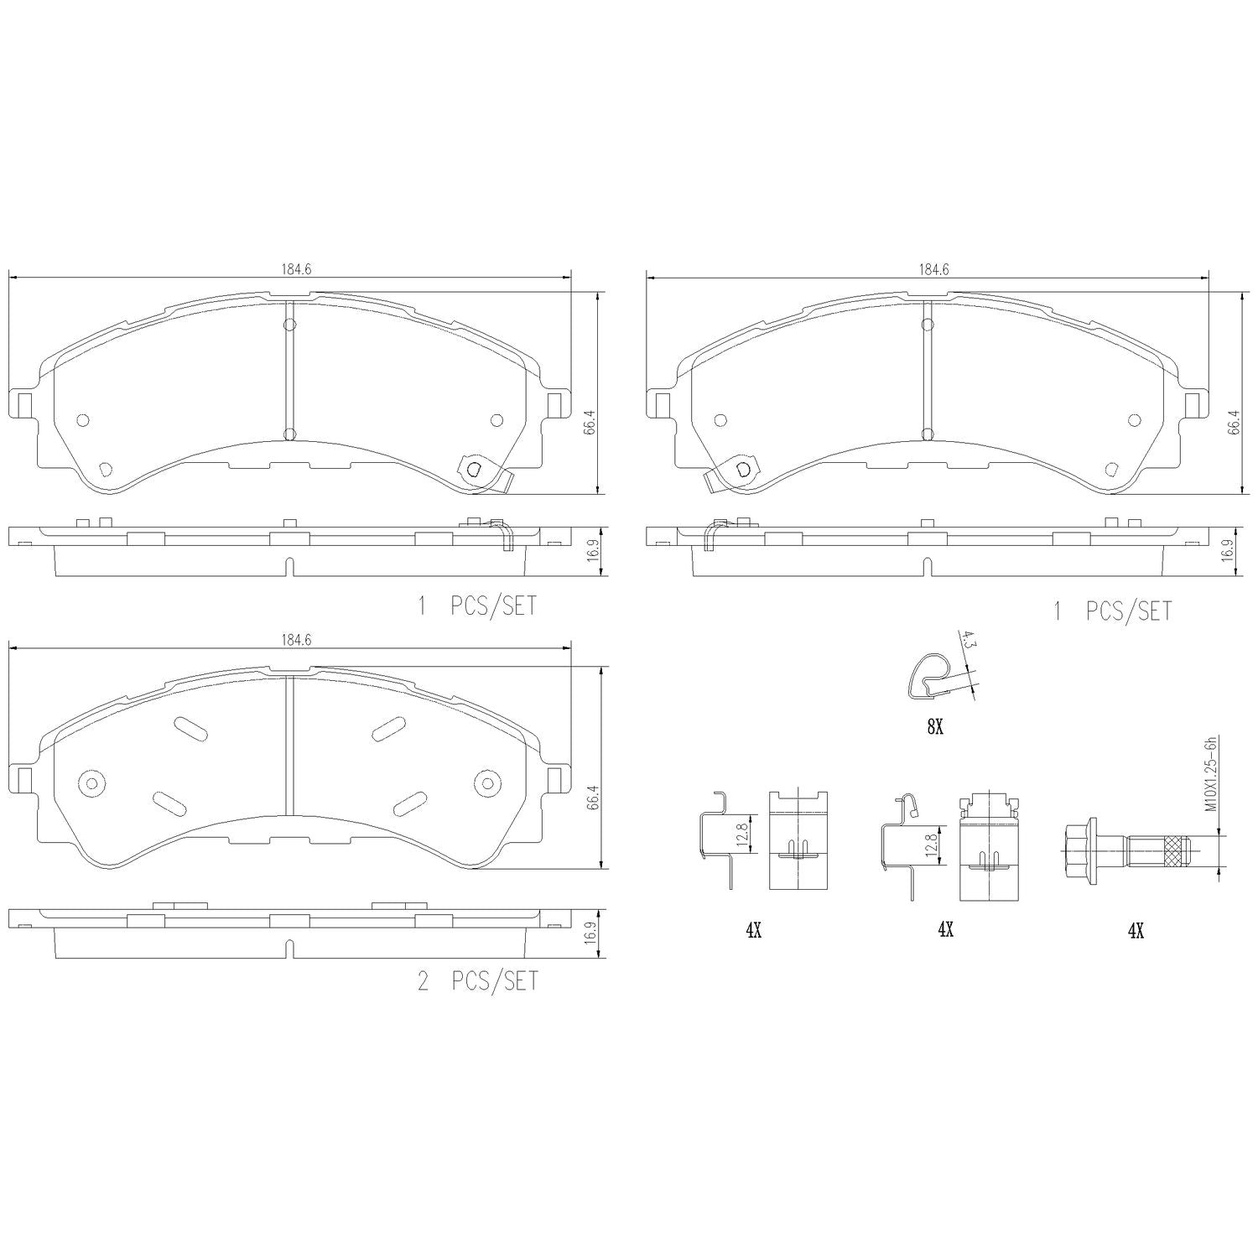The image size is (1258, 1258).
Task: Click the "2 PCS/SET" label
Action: [x=477, y=981]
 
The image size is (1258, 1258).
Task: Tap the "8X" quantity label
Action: [x=935, y=727]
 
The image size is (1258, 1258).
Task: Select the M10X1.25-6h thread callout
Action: [x=1210, y=773]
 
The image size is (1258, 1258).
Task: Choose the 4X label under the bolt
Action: [x=1135, y=930]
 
